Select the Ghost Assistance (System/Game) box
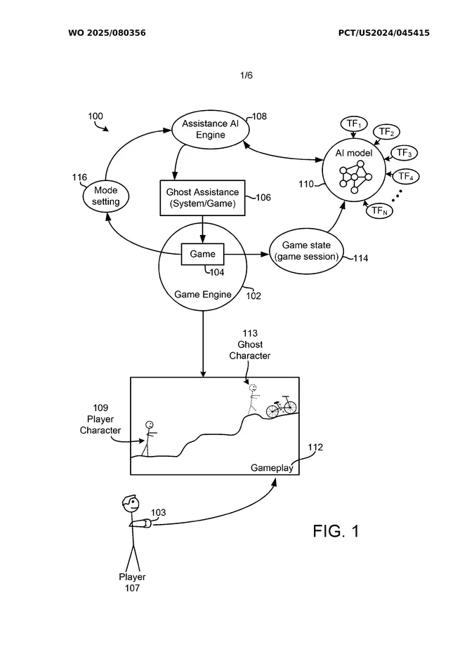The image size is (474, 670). click(202, 198)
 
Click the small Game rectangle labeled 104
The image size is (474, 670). click(203, 254)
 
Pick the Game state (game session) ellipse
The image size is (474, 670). click(306, 250)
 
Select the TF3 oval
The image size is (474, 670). click(403, 153)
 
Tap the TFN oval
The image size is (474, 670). click(379, 210)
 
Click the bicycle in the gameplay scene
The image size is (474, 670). click(281, 406)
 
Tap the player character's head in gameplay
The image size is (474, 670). click(150, 424)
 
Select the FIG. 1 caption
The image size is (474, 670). click(336, 531)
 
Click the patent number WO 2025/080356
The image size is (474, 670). click(107, 33)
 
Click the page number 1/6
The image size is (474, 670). click(246, 75)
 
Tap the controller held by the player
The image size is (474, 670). click(143, 523)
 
